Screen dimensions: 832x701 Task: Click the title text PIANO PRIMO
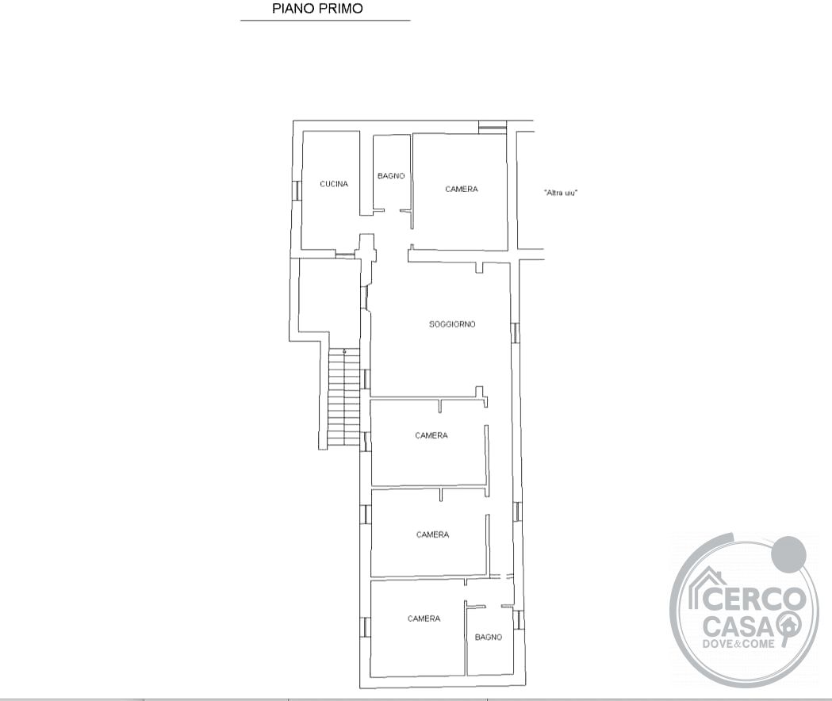tap(317, 9)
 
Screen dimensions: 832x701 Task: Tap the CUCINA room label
tap(334, 184)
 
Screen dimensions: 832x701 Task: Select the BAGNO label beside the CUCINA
tap(391, 176)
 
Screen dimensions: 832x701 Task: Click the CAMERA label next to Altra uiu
tap(461, 189)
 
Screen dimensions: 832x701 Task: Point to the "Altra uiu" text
tap(561, 193)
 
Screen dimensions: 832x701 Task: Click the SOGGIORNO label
tap(452, 324)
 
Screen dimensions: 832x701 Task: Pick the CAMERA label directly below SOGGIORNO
tap(431, 435)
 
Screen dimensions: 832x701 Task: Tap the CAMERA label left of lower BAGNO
tap(424, 619)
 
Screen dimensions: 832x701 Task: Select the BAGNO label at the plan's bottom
tap(489, 638)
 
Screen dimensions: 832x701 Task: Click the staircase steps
tap(344, 397)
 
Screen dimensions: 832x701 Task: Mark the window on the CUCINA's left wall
tap(297, 190)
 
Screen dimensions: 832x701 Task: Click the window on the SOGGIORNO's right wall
tap(515, 332)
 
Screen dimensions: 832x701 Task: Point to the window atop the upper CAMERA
tap(493, 128)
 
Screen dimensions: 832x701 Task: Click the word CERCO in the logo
tap(756, 599)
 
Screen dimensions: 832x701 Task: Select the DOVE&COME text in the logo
tap(738, 644)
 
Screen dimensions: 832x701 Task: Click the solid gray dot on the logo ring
tap(788, 554)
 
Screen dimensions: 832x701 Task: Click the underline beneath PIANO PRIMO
tap(325, 20)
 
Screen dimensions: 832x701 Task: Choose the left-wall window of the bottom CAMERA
tap(365, 627)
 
